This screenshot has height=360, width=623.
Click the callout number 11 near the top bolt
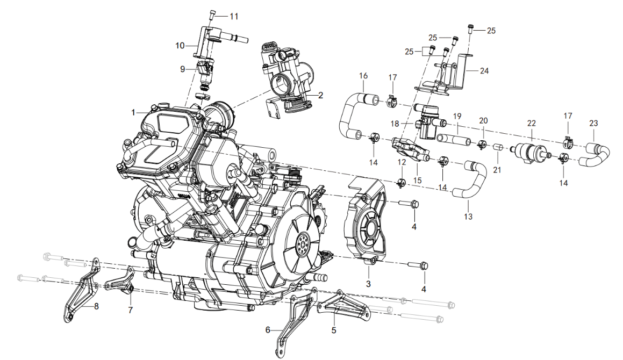pyautogui.click(x=234, y=16)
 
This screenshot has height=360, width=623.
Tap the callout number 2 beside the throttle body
pyautogui.click(x=321, y=95)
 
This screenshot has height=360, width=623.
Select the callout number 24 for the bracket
pyautogui.click(x=484, y=71)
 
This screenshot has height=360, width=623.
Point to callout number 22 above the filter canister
pyautogui.click(x=531, y=124)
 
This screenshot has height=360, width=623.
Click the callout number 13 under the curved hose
pyautogui.click(x=468, y=216)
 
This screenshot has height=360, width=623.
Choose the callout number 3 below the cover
pyautogui.click(x=368, y=284)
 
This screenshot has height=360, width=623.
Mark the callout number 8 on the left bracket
pyautogui.click(x=96, y=306)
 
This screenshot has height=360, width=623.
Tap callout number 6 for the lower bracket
pyautogui.click(x=268, y=330)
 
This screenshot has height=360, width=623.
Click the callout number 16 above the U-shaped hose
pyautogui.click(x=363, y=76)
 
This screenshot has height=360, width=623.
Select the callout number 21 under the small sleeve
pyautogui.click(x=497, y=170)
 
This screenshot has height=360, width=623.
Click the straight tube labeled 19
pyautogui.click(x=454, y=140)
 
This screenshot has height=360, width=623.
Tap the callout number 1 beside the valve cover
pyautogui.click(x=133, y=113)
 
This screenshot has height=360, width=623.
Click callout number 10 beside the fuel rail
pyautogui.click(x=180, y=46)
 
